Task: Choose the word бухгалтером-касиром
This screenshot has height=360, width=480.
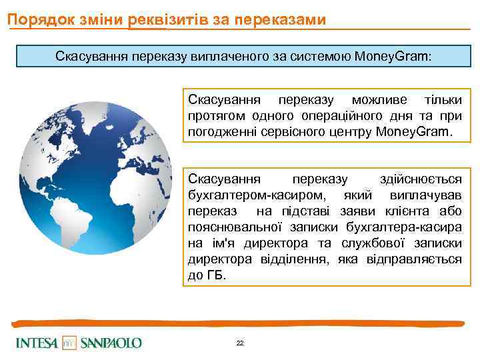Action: [247, 195]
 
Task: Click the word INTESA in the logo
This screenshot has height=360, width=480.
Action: [37, 343]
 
